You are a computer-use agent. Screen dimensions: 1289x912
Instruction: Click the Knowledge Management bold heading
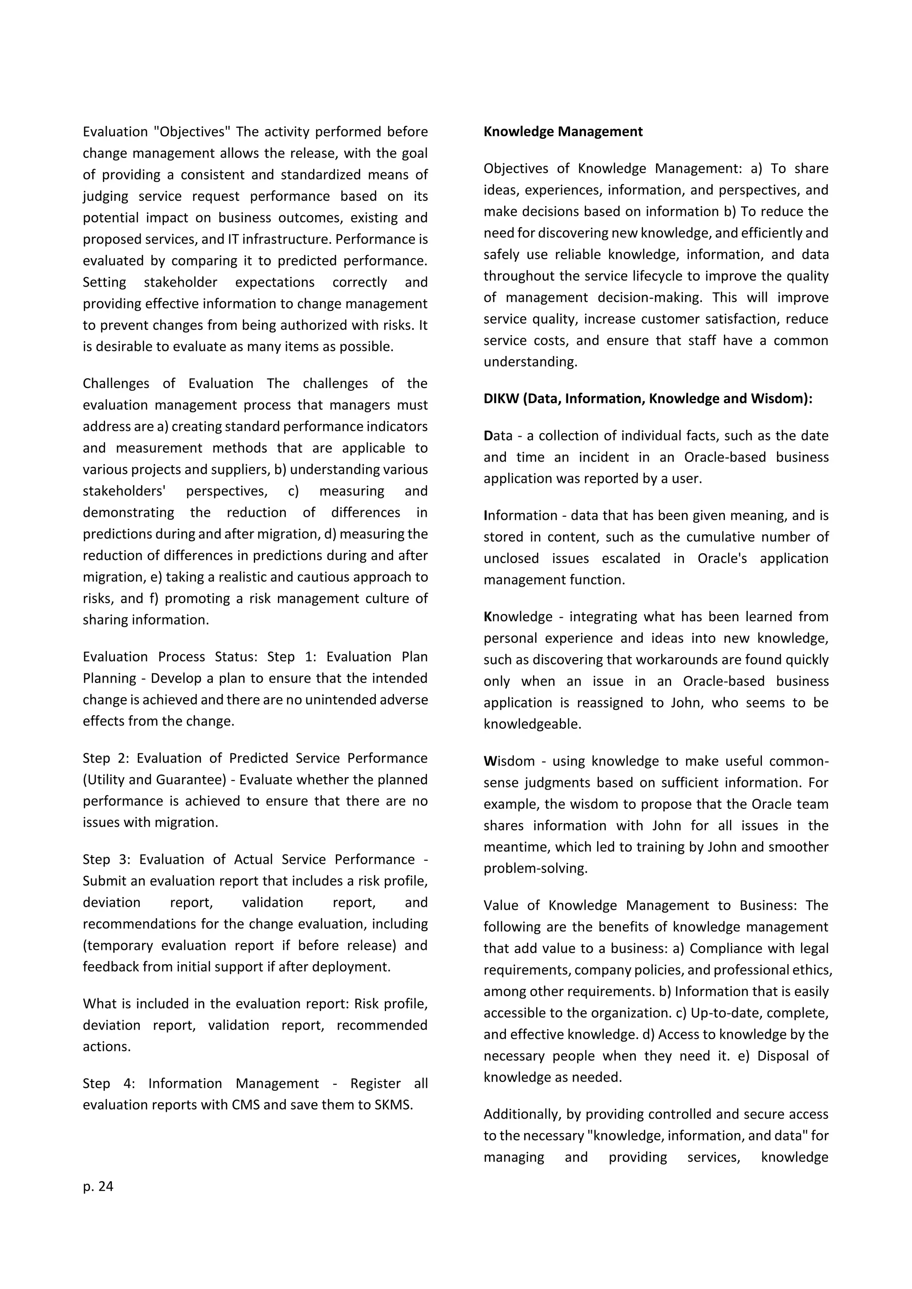pos(563,131)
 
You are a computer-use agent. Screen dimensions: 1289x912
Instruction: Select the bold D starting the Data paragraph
pos(488,436)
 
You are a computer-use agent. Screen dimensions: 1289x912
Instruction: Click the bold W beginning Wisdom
pos(489,761)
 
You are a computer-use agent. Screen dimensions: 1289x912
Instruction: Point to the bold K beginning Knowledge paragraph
pos(488,617)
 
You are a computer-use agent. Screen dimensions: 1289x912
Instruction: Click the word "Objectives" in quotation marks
pos(191,132)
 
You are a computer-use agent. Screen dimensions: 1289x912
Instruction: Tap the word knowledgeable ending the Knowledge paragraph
pos(532,724)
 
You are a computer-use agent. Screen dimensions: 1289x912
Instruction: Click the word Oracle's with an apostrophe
pos(721,559)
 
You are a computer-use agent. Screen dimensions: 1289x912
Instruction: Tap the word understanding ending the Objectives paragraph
pos(529,362)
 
